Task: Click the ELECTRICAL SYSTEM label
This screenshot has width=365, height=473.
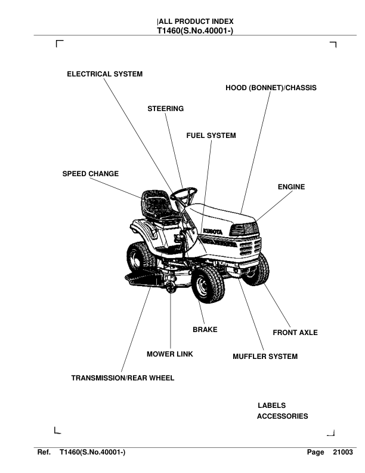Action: (104, 74)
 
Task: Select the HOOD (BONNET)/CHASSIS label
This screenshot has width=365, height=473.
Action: (271, 88)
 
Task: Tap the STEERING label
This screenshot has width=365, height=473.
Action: (165, 109)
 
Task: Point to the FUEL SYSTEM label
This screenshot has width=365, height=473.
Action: (211, 136)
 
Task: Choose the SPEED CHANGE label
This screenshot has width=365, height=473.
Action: (90, 174)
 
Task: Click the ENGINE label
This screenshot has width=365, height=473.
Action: (291, 187)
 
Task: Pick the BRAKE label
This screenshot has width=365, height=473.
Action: (205, 329)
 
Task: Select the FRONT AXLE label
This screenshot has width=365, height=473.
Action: (295, 333)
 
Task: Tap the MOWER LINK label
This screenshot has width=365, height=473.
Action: (169, 354)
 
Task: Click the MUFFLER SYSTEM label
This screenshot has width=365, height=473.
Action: (265, 357)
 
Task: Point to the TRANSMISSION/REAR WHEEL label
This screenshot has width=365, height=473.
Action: (123, 378)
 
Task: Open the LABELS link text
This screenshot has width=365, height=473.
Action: (271, 406)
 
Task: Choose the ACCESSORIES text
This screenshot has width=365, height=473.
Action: (282, 416)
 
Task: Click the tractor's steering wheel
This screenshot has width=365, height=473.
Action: (184, 193)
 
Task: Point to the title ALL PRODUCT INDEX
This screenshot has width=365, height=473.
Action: (191, 21)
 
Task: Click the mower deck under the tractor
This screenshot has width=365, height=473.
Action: (146, 277)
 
